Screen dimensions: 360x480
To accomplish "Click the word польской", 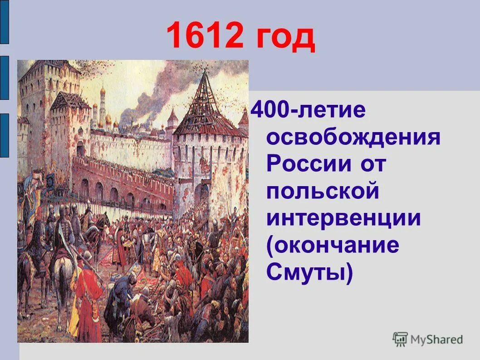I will tap(323, 191).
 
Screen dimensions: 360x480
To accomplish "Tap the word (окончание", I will tap(333, 245).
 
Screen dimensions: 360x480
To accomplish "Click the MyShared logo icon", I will tap(400, 339).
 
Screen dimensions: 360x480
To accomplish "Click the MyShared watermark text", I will tap(436, 339).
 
